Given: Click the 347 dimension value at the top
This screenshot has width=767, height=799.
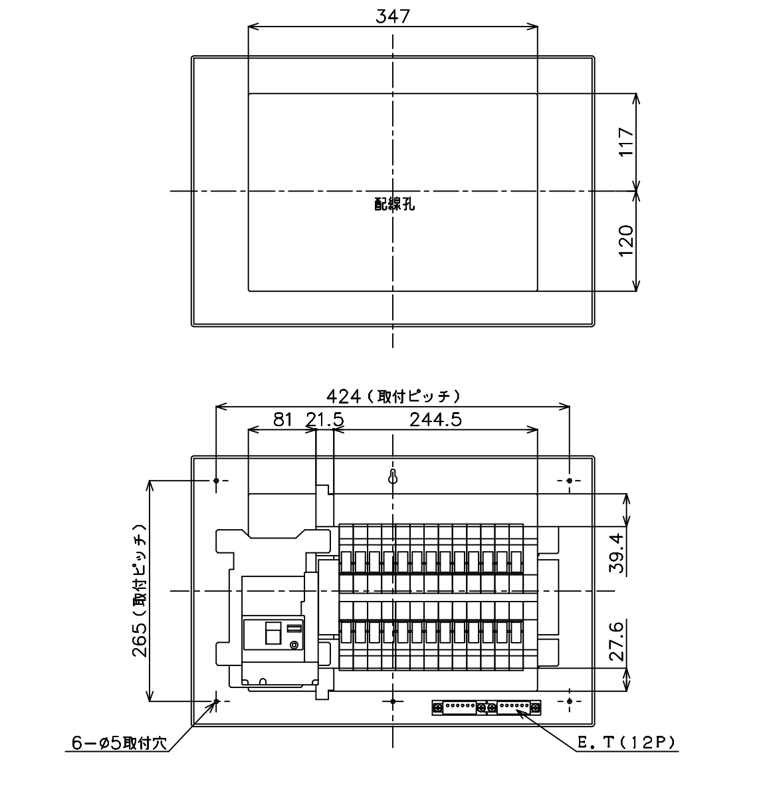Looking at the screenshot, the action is [x=393, y=17].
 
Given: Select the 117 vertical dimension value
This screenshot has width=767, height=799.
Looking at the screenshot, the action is [x=627, y=142].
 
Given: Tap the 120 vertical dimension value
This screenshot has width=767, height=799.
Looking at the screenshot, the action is [x=627, y=241].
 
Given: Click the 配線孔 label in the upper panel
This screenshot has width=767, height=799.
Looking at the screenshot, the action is [x=394, y=203].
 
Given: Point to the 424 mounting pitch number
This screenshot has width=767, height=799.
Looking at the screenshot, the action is [x=343, y=397].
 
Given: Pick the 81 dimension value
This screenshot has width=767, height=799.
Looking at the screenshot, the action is [x=282, y=419].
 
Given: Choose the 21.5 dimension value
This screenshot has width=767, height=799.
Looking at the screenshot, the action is [x=324, y=419].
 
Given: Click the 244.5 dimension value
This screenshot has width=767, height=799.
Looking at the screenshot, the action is [x=435, y=419].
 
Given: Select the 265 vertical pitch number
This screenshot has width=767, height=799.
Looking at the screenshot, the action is [x=140, y=639].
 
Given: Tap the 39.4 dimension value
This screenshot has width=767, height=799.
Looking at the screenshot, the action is [x=617, y=553].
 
